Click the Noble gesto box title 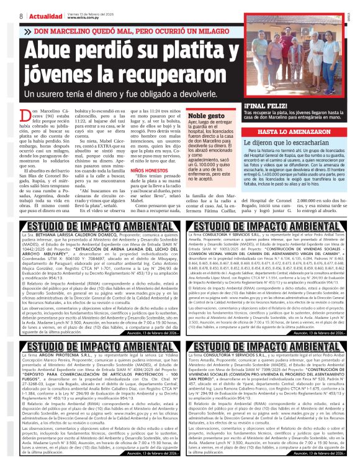coord(205,115)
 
